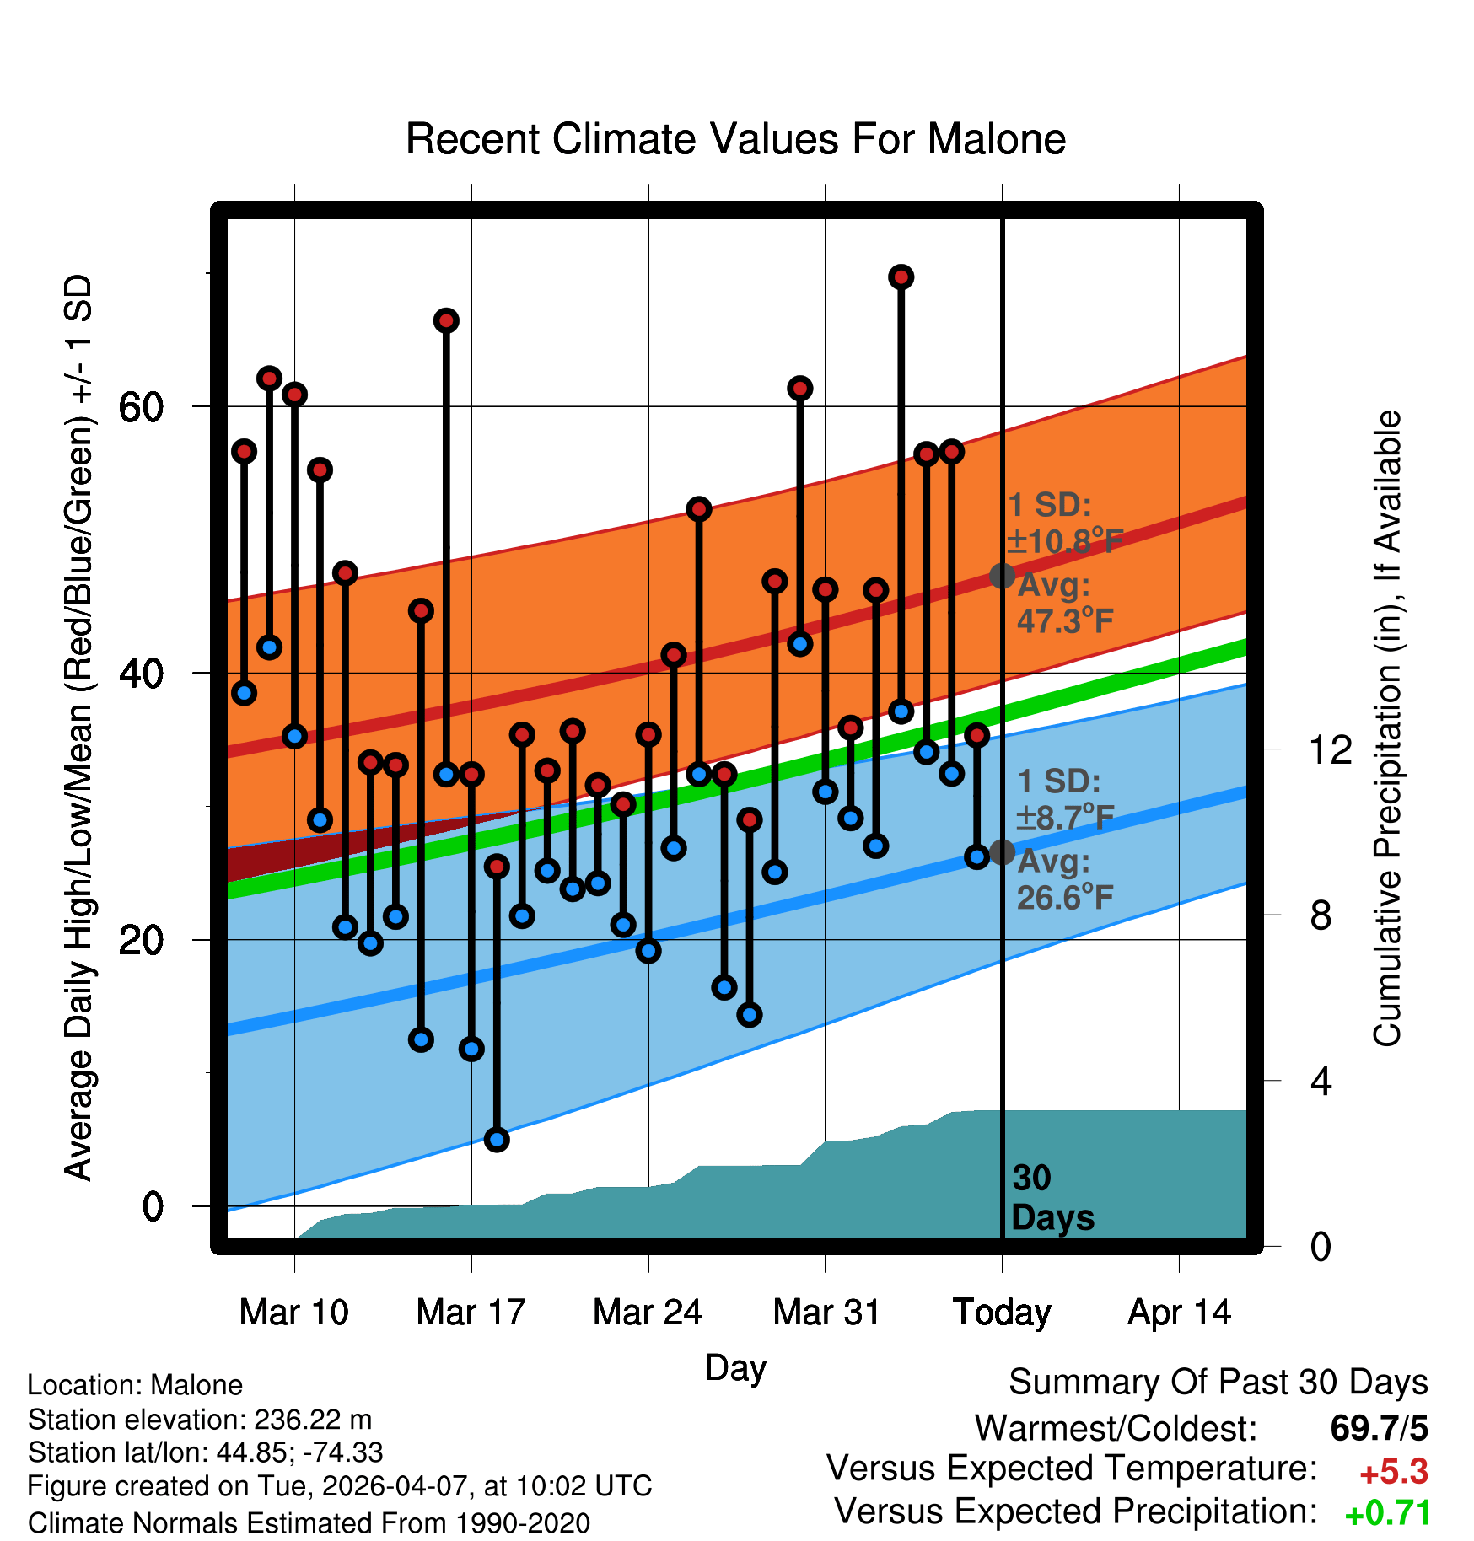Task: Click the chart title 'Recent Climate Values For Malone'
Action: (735, 139)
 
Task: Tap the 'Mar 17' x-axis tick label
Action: (471, 1313)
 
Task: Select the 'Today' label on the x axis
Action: (1002, 1313)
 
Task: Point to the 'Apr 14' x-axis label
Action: (1180, 1313)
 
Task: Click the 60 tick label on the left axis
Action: (142, 407)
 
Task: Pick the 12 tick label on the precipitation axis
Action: (1331, 749)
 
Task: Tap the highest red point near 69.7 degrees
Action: (901, 277)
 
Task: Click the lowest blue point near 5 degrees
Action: (497, 1140)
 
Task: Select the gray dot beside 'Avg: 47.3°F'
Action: (1002, 576)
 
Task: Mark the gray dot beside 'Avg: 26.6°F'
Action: (1002, 851)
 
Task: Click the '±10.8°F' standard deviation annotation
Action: (1065, 540)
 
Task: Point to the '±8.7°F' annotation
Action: (1065, 817)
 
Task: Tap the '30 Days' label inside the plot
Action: (1052, 1198)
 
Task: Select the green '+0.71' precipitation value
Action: (1388, 1513)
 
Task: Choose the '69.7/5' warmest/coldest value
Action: (1380, 1428)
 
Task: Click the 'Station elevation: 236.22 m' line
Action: (200, 1420)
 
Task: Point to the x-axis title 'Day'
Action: (735, 1368)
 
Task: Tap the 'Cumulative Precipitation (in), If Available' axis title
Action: (1387, 729)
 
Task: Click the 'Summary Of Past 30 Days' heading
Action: (1218, 1383)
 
